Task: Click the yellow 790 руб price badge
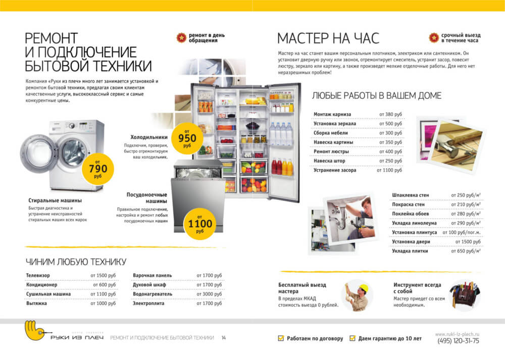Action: click(x=97, y=169)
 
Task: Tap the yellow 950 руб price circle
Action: click(x=187, y=138)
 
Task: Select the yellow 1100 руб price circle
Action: click(x=199, y=224)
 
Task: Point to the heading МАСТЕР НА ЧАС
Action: click(x=328, y=38)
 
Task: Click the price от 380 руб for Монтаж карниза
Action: click(x=390, y=114)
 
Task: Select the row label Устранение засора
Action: click(x=335, y=170)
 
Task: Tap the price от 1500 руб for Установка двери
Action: click(x=468, y=241)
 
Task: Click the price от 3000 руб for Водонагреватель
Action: click(x=209, y=294)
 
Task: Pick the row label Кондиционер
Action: click(x=41, y=285)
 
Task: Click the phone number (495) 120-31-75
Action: click(x=458, y=341)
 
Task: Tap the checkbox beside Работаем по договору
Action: click(x=281, y=338)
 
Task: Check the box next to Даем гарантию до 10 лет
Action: click(x=352, y=338)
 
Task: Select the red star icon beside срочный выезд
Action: click(x=434, y=38)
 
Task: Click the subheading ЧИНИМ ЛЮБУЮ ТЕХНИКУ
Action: click(x=76, y=262)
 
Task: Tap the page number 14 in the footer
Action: click(x=224, y=338)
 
